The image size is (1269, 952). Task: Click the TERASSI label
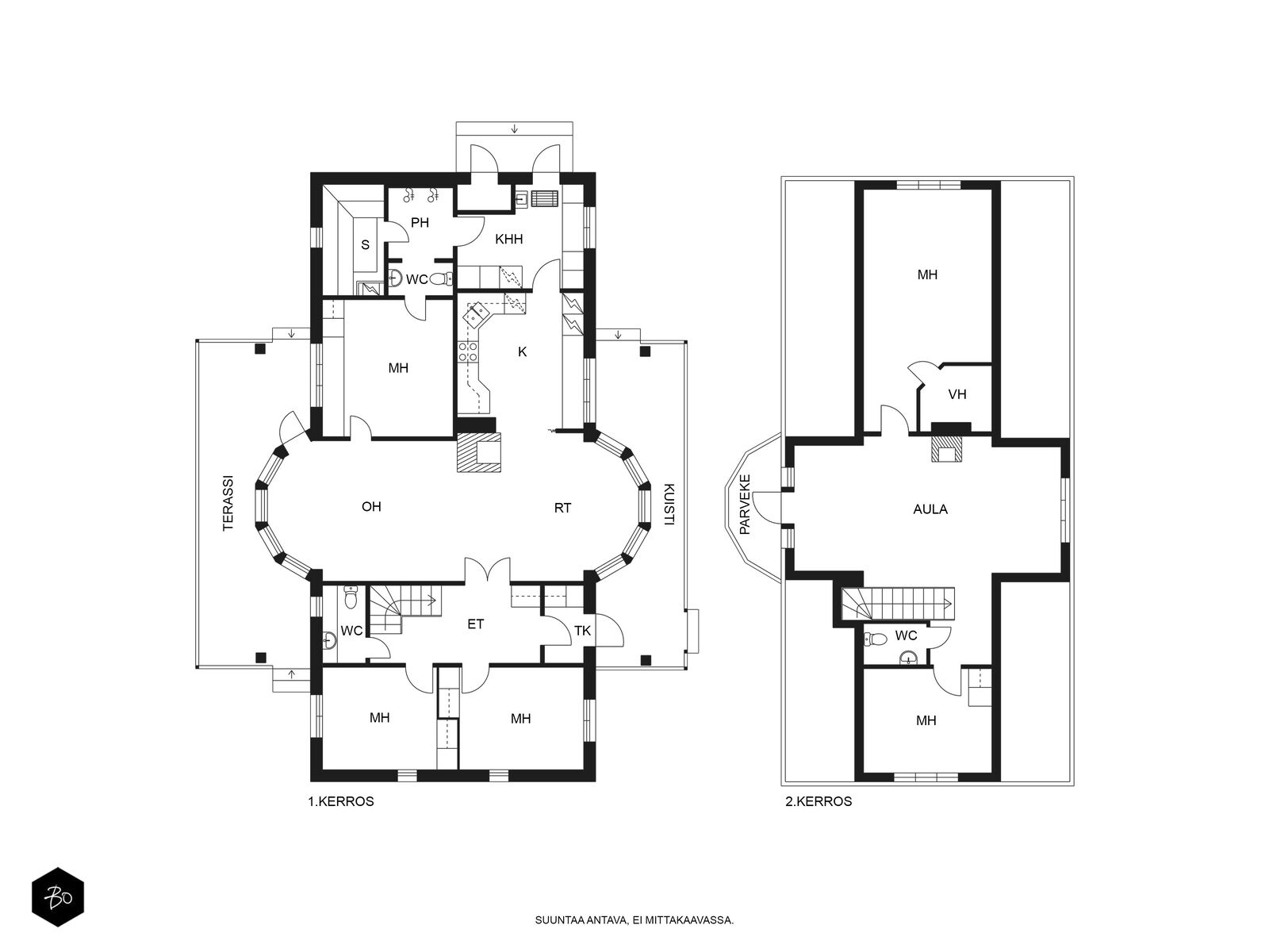(229, 503)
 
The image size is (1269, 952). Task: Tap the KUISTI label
(669, 504)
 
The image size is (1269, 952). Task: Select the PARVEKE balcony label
(746, 504)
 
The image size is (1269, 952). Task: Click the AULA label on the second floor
(930, 509)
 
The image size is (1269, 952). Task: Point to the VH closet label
(957, 394)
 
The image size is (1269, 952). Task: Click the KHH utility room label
(508, 239)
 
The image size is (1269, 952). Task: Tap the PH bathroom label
(420, 223)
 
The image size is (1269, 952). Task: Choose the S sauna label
(365, 245)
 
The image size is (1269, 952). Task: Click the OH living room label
(371, 507)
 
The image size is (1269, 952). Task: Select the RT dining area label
(562, 508)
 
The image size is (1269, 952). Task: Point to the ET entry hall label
(475, 624)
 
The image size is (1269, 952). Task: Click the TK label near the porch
(583, 631)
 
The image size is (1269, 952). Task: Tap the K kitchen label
(522, 351)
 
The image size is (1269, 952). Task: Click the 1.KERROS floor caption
(340, 802)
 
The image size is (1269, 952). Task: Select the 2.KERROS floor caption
(819, 802)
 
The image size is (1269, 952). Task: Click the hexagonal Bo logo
(58, 897)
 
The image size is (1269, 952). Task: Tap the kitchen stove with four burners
(468, 352)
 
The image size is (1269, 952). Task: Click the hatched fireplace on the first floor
(479, 452)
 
